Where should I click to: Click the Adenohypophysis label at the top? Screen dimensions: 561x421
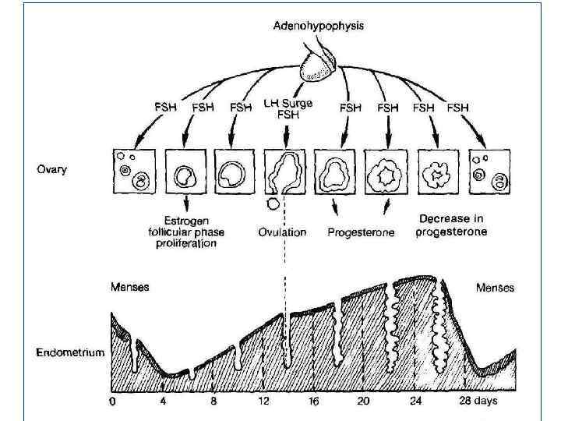click(x=318, y=25)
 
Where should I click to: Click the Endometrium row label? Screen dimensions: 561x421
click(x=70, y=352)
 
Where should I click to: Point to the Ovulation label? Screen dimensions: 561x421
click(x=282, y=232)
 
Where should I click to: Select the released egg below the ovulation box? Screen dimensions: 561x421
click(x=273, y=204)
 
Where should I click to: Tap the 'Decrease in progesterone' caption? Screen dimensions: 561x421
click(x=453, y=225)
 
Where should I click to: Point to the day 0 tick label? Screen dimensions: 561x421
click(x=112, y=402)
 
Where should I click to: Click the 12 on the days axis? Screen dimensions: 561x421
click(x=264, y=402)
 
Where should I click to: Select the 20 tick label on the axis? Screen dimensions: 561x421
click(x=363, y=402)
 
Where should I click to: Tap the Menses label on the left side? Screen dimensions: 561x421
click(x=129, y=287)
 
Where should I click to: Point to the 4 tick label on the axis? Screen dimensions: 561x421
click(x=162, y=402)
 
